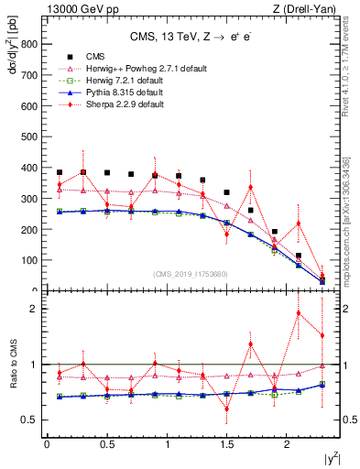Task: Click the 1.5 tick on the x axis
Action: (227, 444)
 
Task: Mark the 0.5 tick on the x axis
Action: (106, 444)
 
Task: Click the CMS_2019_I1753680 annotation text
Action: (191, 273)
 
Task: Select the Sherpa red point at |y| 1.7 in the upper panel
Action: (250, 187)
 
